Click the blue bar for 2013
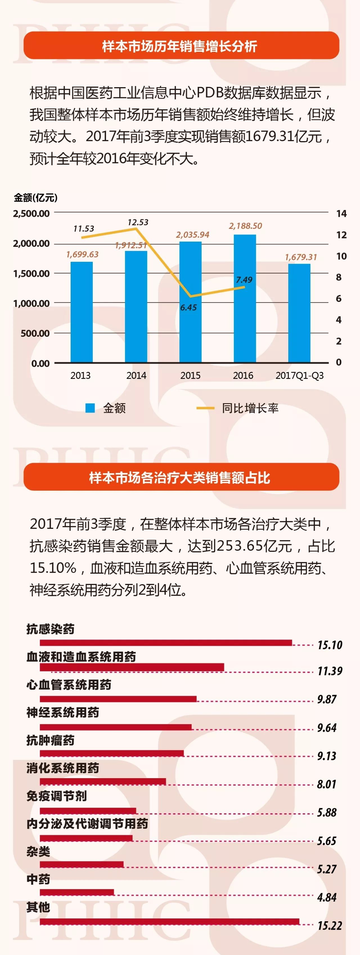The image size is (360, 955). (82, 312)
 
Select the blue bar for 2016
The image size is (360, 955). (245, 299)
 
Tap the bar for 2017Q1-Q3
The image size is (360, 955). (299, 313)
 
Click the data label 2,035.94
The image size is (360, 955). (192, 235)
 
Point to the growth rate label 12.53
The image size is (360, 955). (138, 222)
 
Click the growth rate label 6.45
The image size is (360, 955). (188, 307)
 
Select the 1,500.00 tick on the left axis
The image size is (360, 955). (31, 274)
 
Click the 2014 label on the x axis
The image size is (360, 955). (136, 376)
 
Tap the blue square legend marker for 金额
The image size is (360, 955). (90, 408)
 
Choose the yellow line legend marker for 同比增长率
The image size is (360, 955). (205, 408)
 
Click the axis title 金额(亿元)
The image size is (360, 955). (36, 198)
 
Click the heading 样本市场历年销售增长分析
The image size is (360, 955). (179, 46)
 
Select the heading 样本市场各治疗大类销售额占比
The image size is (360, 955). (179, 477)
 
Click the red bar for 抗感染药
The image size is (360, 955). (166, 642)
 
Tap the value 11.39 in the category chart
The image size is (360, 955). (330, 671)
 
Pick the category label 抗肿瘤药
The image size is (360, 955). (50, 740)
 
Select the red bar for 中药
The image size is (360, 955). (77, 892)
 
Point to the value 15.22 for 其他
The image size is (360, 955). (330, 925)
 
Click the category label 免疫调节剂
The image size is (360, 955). (56, 796)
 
